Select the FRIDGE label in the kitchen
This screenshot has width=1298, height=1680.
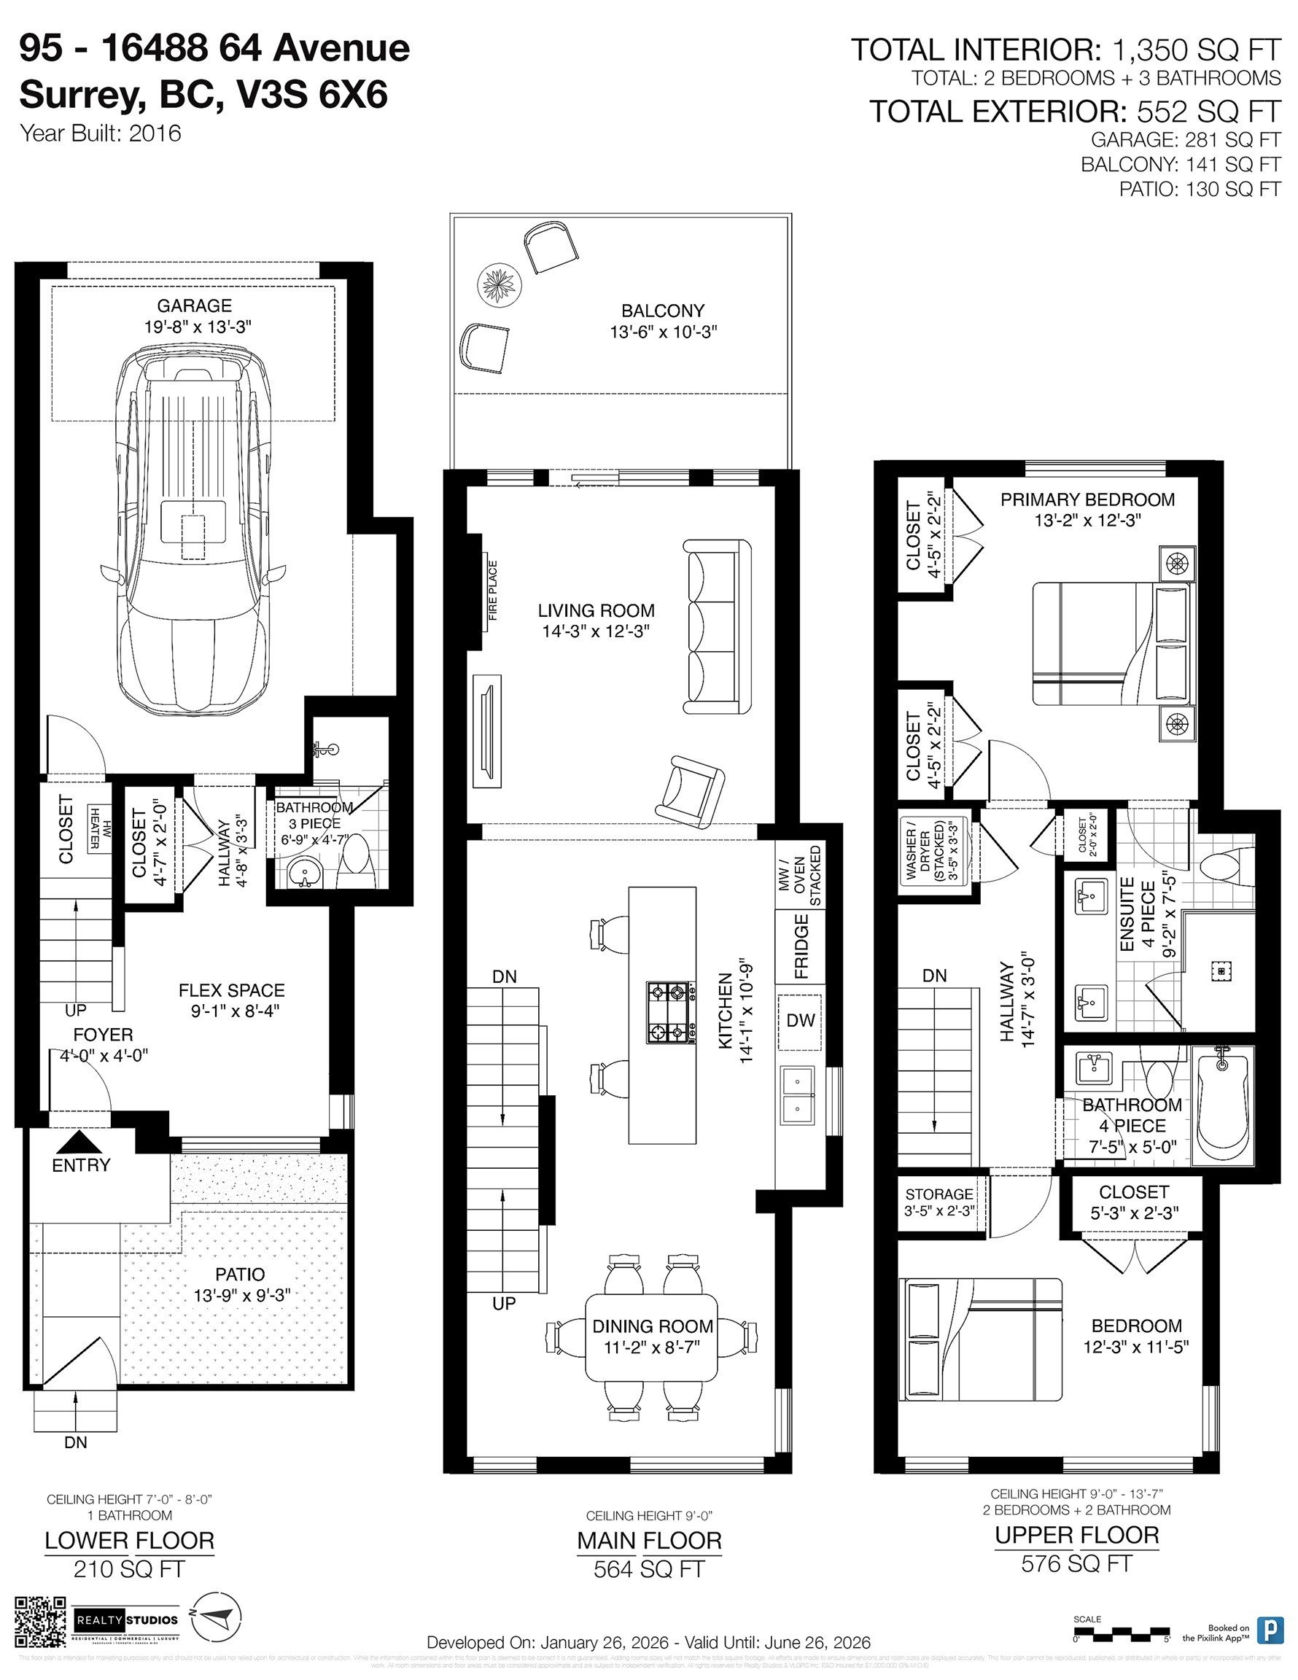[801, 946]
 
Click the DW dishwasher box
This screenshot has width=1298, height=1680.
[800, 1021]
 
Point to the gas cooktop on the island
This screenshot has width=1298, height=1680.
[668, 1012]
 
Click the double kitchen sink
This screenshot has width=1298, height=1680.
[798, 1095]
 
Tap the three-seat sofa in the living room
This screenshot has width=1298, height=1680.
[716, 627]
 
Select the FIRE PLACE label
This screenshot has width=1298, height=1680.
[492, 590]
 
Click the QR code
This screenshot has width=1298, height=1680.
[41, 1622]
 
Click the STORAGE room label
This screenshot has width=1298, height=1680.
[938, 1194]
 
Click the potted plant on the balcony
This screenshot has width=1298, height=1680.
[499, 284]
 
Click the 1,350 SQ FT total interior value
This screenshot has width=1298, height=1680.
[1197, 51]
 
